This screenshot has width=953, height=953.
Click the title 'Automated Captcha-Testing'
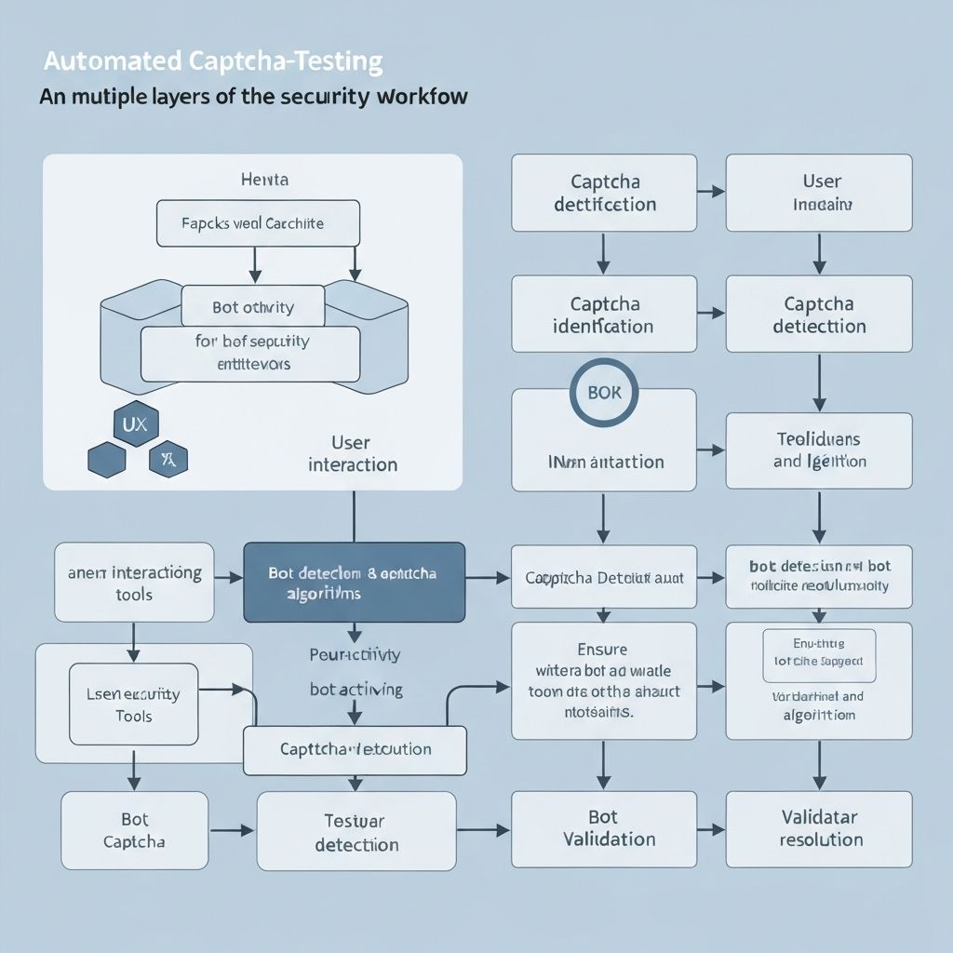[213, 62]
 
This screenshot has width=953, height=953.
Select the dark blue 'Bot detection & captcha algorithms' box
[354, 583]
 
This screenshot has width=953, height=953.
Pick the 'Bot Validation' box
[603, 829]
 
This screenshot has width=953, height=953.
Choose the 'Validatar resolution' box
[818, 829]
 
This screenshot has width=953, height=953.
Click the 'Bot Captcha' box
[134, 830]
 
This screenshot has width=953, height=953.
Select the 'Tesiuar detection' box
[356, 832]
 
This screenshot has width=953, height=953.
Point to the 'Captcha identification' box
[603, 315]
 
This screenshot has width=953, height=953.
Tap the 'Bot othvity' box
[253, 307]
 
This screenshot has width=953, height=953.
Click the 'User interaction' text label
[352, 453]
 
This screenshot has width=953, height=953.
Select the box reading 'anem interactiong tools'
[134, 583]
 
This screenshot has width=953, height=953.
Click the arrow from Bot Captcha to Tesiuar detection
[232, 830]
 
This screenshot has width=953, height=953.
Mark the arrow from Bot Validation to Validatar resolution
[711, 828]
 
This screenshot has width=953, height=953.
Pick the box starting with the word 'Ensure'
[603, 681]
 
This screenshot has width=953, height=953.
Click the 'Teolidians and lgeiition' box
[818, 450]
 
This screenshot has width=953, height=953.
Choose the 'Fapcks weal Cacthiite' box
[258, 223]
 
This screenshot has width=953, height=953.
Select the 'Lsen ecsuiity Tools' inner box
[134, 704]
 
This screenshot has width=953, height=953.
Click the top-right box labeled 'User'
[818, 193]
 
